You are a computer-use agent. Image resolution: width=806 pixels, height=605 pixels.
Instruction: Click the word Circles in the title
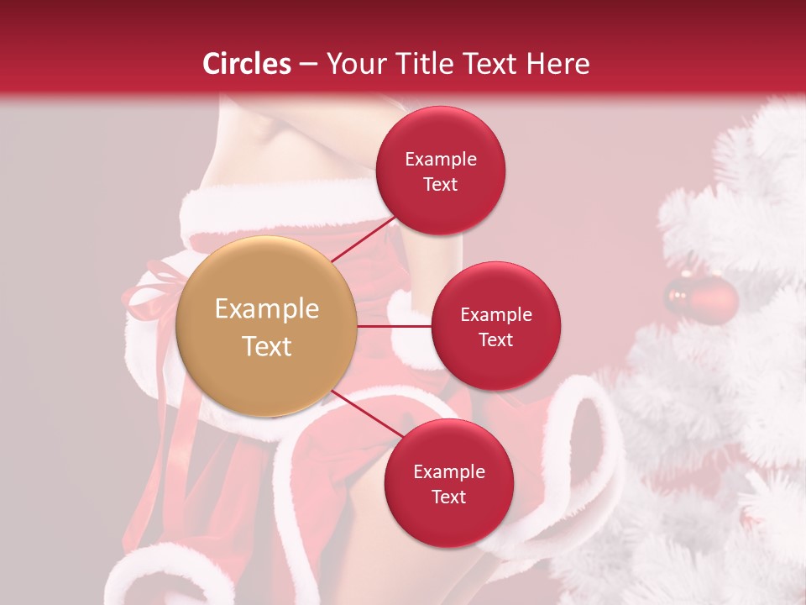click(x=246, y=63)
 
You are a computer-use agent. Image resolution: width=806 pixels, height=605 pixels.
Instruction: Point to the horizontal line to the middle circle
click(x=394, y=326)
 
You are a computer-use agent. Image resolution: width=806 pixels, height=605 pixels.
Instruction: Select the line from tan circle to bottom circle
click(x=367, y=414)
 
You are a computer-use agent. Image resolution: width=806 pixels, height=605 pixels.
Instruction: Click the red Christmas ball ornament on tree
click(x=702, y=298)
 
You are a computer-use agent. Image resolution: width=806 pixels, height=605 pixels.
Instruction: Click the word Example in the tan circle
click(x=266, y=309)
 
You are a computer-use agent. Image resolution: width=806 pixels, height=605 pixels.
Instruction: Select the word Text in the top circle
click(x=440, y=184)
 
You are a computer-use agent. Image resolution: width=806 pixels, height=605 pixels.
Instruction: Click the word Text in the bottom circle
click(x=448, y=497)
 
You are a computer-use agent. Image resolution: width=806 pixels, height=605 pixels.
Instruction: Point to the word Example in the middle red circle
click(x=495, y=314)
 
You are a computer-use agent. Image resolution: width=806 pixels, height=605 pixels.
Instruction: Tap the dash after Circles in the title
click(x=307, y=63)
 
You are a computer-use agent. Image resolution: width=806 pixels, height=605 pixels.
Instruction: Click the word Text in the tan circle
click(x=266, y=346)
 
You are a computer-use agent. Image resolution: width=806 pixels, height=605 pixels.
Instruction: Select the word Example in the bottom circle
click(x=448, y=471)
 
